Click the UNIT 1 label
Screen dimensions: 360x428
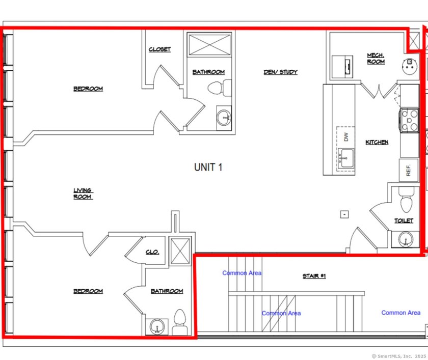coord(208,167)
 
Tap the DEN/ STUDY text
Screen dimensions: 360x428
coord(280,72)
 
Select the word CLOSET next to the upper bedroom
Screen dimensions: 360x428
coord(159,49)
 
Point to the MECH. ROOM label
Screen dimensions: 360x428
coord(376,58)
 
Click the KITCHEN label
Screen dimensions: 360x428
coord(377,142)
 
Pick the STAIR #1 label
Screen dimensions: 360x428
coord(314,276)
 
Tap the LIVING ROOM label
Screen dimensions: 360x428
coord(83,193)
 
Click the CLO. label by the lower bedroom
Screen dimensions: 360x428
coord(152,252)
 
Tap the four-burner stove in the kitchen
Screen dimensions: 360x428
coord(409,120)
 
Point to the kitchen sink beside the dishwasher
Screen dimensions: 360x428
coord(347,158)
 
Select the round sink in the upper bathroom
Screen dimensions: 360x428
coord(224,118)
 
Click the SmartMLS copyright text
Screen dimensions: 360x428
coord(398,355)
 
